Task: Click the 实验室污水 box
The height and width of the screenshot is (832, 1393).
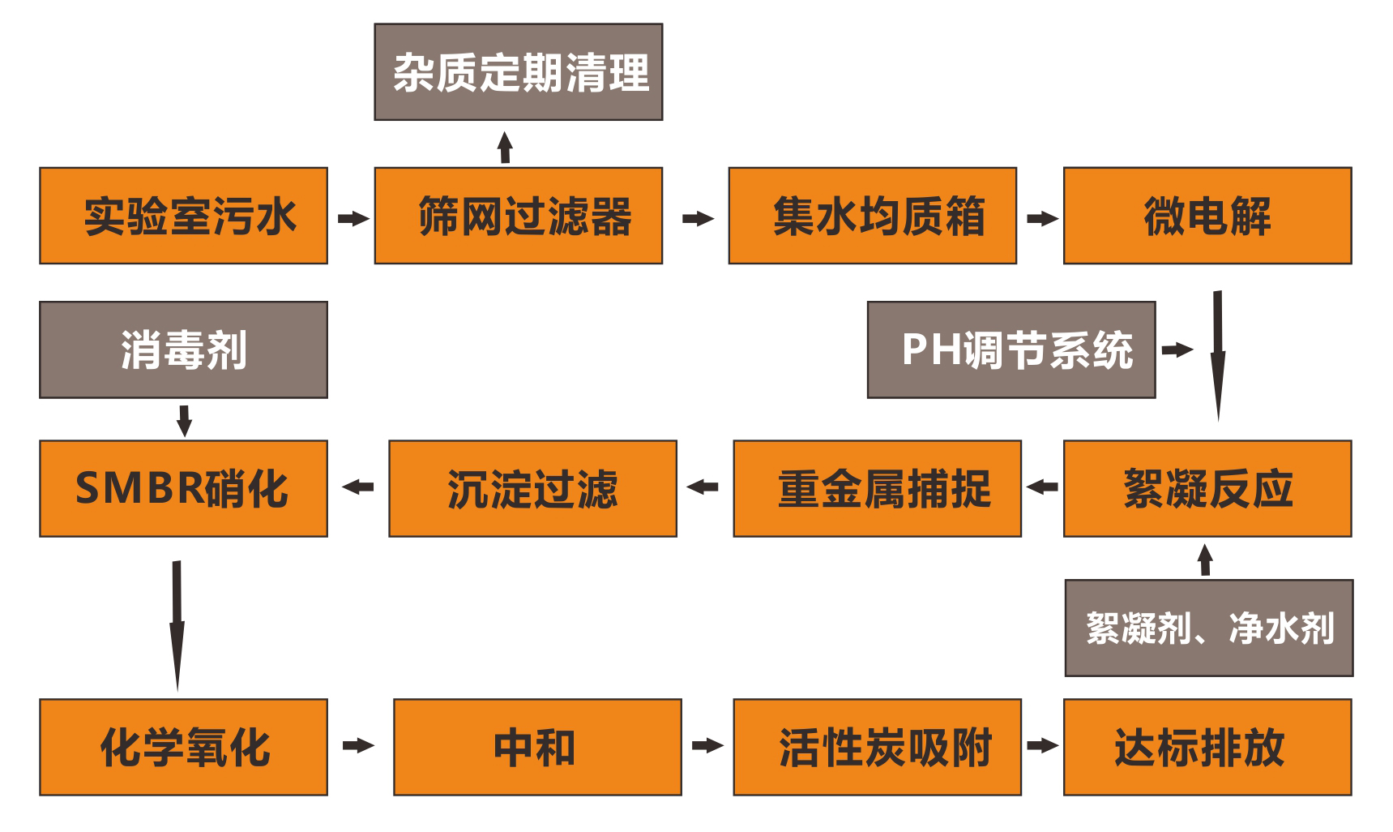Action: [x=183, y=216]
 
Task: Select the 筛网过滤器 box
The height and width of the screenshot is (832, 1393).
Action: [x=518, y=216]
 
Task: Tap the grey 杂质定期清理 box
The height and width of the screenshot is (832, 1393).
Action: [x=518, y=72]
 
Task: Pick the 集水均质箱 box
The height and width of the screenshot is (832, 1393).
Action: [x=872, y=216]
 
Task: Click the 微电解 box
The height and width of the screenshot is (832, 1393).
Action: [x=1207, y=216]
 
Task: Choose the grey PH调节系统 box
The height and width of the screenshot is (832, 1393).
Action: [x=1011, y=350]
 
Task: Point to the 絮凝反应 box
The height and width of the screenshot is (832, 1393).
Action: [x=1207, y=488]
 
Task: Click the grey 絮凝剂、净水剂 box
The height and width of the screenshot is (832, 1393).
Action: [x=1208, y=628]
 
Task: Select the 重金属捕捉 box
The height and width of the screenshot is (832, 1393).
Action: [x=877, y=488]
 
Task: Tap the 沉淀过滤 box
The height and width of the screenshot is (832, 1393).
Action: [x=532, y=488]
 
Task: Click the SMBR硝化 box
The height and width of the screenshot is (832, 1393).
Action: [x=183, y=488]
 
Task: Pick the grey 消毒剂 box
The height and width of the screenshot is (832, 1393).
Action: [x=183, y=350]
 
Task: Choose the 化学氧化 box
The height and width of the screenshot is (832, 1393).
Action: [x=183, y=746]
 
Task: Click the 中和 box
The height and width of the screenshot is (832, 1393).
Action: [x=537, y=746]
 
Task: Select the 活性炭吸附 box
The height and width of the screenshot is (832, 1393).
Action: [x=877, y=746]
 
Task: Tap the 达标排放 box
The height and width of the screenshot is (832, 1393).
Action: [x=1207, y=746]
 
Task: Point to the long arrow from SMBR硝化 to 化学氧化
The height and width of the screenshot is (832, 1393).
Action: [x=177, y=624]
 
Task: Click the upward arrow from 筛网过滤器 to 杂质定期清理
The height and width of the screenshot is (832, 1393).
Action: [x=505, y=148]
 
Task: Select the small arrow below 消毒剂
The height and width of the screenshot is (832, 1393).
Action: [x=184, y=420]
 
